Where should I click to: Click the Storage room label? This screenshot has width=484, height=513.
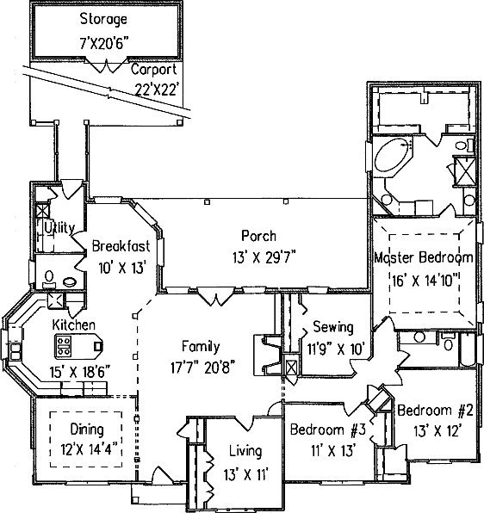coord(103,19)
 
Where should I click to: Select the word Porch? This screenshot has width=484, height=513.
coord(258,236)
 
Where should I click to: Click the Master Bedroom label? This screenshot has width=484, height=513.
coord(424,257)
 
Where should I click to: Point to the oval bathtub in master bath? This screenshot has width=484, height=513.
coord(392,155)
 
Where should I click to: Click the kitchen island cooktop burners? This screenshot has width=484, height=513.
coord(64,346)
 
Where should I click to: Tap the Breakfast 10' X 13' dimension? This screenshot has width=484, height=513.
coord(122,268)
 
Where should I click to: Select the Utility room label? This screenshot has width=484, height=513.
coord(59,228)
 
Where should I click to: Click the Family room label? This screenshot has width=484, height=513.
coord(201,347)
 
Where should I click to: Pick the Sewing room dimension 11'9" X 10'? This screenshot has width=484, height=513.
coord(336,349)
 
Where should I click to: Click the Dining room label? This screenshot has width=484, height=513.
coord(87,430)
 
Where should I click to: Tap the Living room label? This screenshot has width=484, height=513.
coord(245,451)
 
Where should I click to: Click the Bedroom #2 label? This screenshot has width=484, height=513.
coord(435,410)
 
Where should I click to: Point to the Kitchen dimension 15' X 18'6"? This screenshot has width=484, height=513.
coord(79,372)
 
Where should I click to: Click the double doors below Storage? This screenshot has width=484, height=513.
coord(106,65)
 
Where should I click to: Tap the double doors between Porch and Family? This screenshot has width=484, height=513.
coord(216,296)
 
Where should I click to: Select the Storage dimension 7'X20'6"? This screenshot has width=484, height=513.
coord(103,43)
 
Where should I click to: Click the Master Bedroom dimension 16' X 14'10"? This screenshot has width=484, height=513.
coord(425,281)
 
